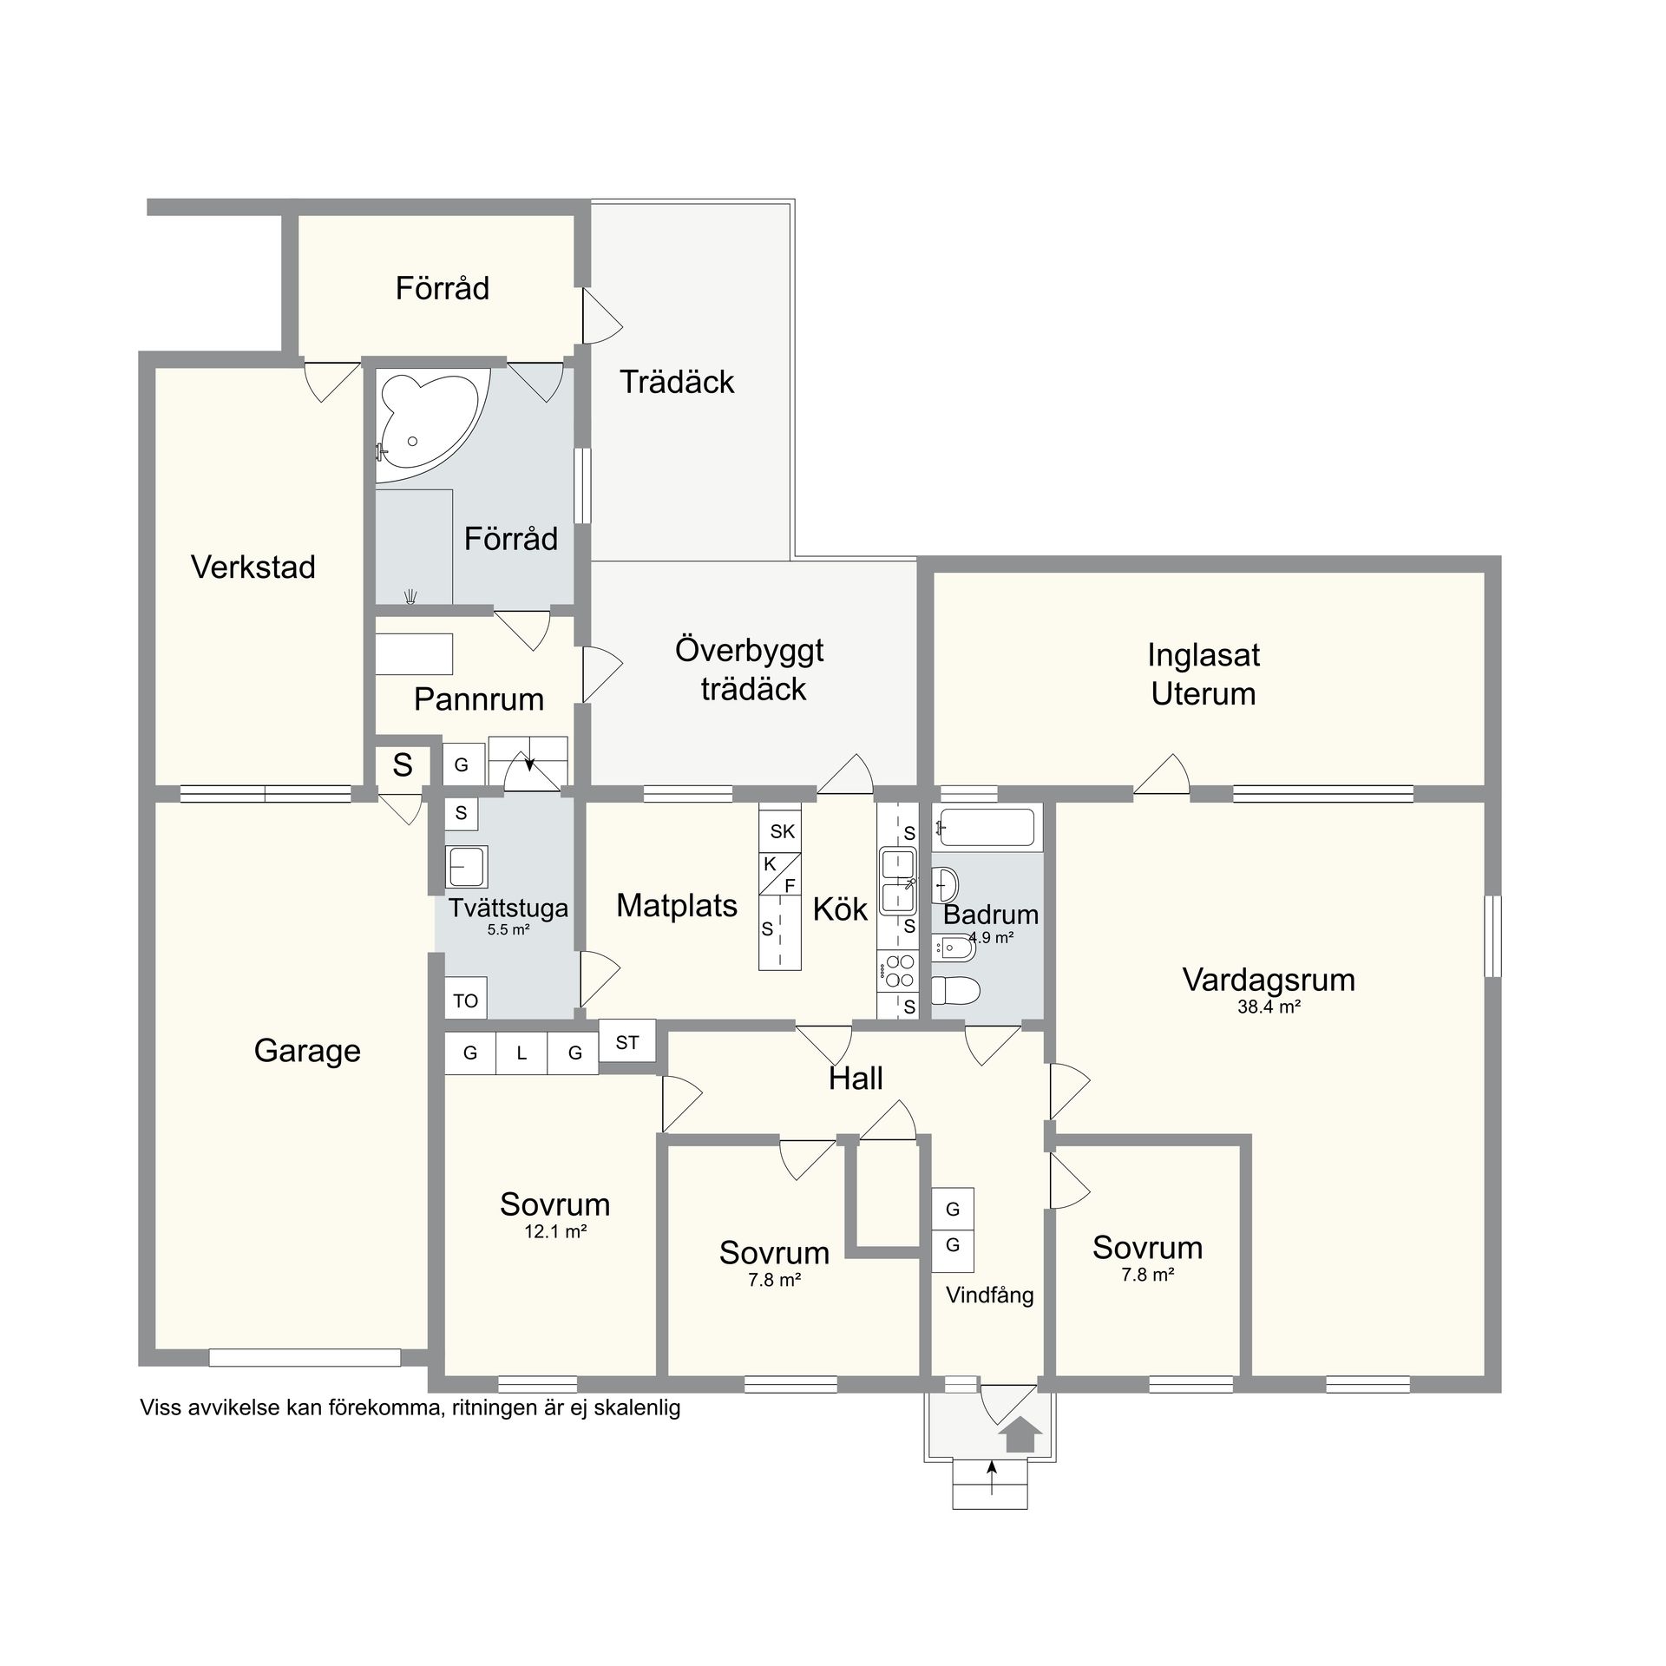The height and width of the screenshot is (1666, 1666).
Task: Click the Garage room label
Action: tap(307, 1051)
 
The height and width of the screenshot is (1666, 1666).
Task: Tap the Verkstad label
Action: tap(253, 567)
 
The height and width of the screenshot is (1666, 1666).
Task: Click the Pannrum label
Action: tap(479, 699)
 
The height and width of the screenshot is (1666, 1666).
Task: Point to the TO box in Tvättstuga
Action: tap(466, 998)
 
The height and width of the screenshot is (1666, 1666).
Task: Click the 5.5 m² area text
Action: tap(508, 929)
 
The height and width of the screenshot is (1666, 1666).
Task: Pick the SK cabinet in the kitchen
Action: tap(780, 831)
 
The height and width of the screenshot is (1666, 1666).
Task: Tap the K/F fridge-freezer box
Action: tap(780, 874)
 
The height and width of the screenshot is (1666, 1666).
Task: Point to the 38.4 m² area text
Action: tap(1269, 1007)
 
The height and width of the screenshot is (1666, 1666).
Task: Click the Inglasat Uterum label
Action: tap(1204, 674)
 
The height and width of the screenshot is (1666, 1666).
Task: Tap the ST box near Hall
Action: tap(627, 1043)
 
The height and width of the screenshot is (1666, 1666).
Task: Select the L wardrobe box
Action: tap(521, 1053)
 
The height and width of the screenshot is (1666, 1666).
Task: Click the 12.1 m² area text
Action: tap(556, 1231)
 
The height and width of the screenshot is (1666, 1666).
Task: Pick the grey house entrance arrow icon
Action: tap(1020, 1434)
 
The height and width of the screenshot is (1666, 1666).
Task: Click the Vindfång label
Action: tap(990, 1295)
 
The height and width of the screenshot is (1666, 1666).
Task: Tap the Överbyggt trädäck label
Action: tap(750, 669)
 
